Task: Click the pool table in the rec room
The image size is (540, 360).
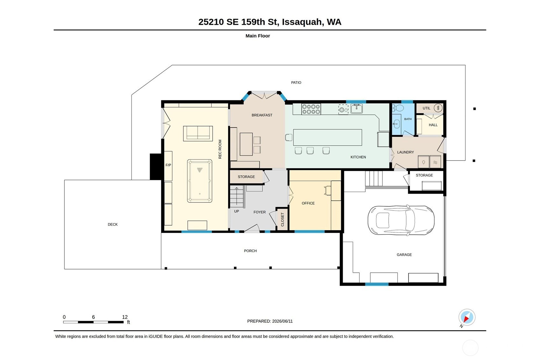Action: (200, 181)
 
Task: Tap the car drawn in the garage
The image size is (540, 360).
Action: (401, 220)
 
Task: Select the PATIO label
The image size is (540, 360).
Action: (296, 83)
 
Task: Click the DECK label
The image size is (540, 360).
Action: (113, 224)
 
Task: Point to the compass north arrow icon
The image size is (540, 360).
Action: (467, 317)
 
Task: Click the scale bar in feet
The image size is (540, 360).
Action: (93, 322)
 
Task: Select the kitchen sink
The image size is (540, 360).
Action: (357, 109)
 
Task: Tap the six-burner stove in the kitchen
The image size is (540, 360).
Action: (311, 109)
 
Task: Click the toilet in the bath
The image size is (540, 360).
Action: (398, 108)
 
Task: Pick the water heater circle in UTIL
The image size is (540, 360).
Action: (438, 108)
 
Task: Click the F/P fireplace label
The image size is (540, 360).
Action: (168, 165)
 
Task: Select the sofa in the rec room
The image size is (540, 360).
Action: (198, 133)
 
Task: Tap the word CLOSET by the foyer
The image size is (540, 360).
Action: (282, 219)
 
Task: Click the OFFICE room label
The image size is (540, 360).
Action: (308, 203)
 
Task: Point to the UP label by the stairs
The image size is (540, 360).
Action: (237, 211)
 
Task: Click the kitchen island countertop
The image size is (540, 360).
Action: (328, 137)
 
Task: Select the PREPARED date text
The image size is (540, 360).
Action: (270, 321)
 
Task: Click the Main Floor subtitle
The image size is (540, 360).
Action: (258, 36)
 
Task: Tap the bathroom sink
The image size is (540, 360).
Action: (396, 124)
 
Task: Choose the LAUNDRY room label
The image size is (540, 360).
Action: (406, 152)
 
